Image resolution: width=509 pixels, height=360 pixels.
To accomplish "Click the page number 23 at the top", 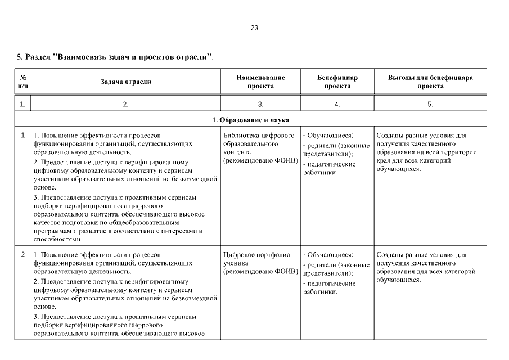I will (x=254, y=28).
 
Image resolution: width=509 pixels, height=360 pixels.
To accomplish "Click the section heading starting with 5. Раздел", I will (x=115, y=57).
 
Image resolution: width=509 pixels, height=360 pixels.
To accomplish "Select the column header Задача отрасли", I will (x=125, y=82).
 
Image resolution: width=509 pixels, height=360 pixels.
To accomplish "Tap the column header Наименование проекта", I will (x=260, y=82).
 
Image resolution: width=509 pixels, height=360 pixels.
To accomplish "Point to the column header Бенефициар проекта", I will (x=337, y=82).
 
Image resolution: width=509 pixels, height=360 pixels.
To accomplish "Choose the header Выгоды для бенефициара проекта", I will (x=430, y=82).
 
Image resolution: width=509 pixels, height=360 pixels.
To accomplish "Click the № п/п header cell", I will (x=22, y=82).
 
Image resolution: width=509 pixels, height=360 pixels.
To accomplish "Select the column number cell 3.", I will (x=260, y=104).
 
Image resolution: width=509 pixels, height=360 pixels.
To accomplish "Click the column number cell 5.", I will (x=430, y=104).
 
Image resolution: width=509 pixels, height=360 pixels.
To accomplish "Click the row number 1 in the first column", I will (x=22, y=136).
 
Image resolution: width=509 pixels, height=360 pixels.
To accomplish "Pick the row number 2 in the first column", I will (x=22, y=255).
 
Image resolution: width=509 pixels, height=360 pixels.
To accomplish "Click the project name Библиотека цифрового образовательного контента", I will (x=259, y=144).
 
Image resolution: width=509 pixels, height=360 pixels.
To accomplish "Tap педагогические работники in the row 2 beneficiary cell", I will (x=331, y=287).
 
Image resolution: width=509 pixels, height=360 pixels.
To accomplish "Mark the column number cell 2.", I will (x=125, y=104).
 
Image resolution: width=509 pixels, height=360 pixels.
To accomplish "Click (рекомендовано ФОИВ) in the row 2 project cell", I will (x=260, y=272).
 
